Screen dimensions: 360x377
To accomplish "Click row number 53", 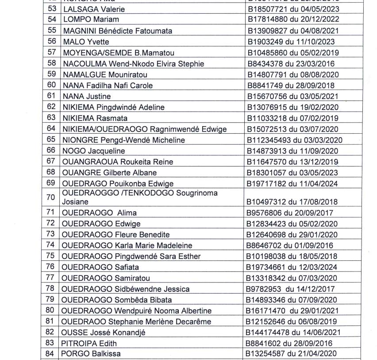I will click(x=52, y=9).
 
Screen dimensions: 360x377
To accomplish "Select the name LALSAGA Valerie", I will click(x=94, y=9).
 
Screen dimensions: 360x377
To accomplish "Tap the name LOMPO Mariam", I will click(x=91, y=19).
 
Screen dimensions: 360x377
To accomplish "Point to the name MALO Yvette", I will click(x=85, y=42).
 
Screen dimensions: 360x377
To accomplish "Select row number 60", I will click(x=52, y=85).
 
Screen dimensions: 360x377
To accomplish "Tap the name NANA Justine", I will click(x=86, y=96).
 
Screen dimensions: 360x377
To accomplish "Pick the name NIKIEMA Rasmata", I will click(x=95, y=118).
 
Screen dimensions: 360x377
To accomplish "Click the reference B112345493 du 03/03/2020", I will click(x=294, y=140).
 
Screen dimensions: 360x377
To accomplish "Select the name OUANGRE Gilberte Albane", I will click(x=109, y=172).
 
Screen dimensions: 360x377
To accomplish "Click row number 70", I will click(x=52, y=197).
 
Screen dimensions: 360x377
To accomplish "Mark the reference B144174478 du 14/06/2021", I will click(x=294, y=333).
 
